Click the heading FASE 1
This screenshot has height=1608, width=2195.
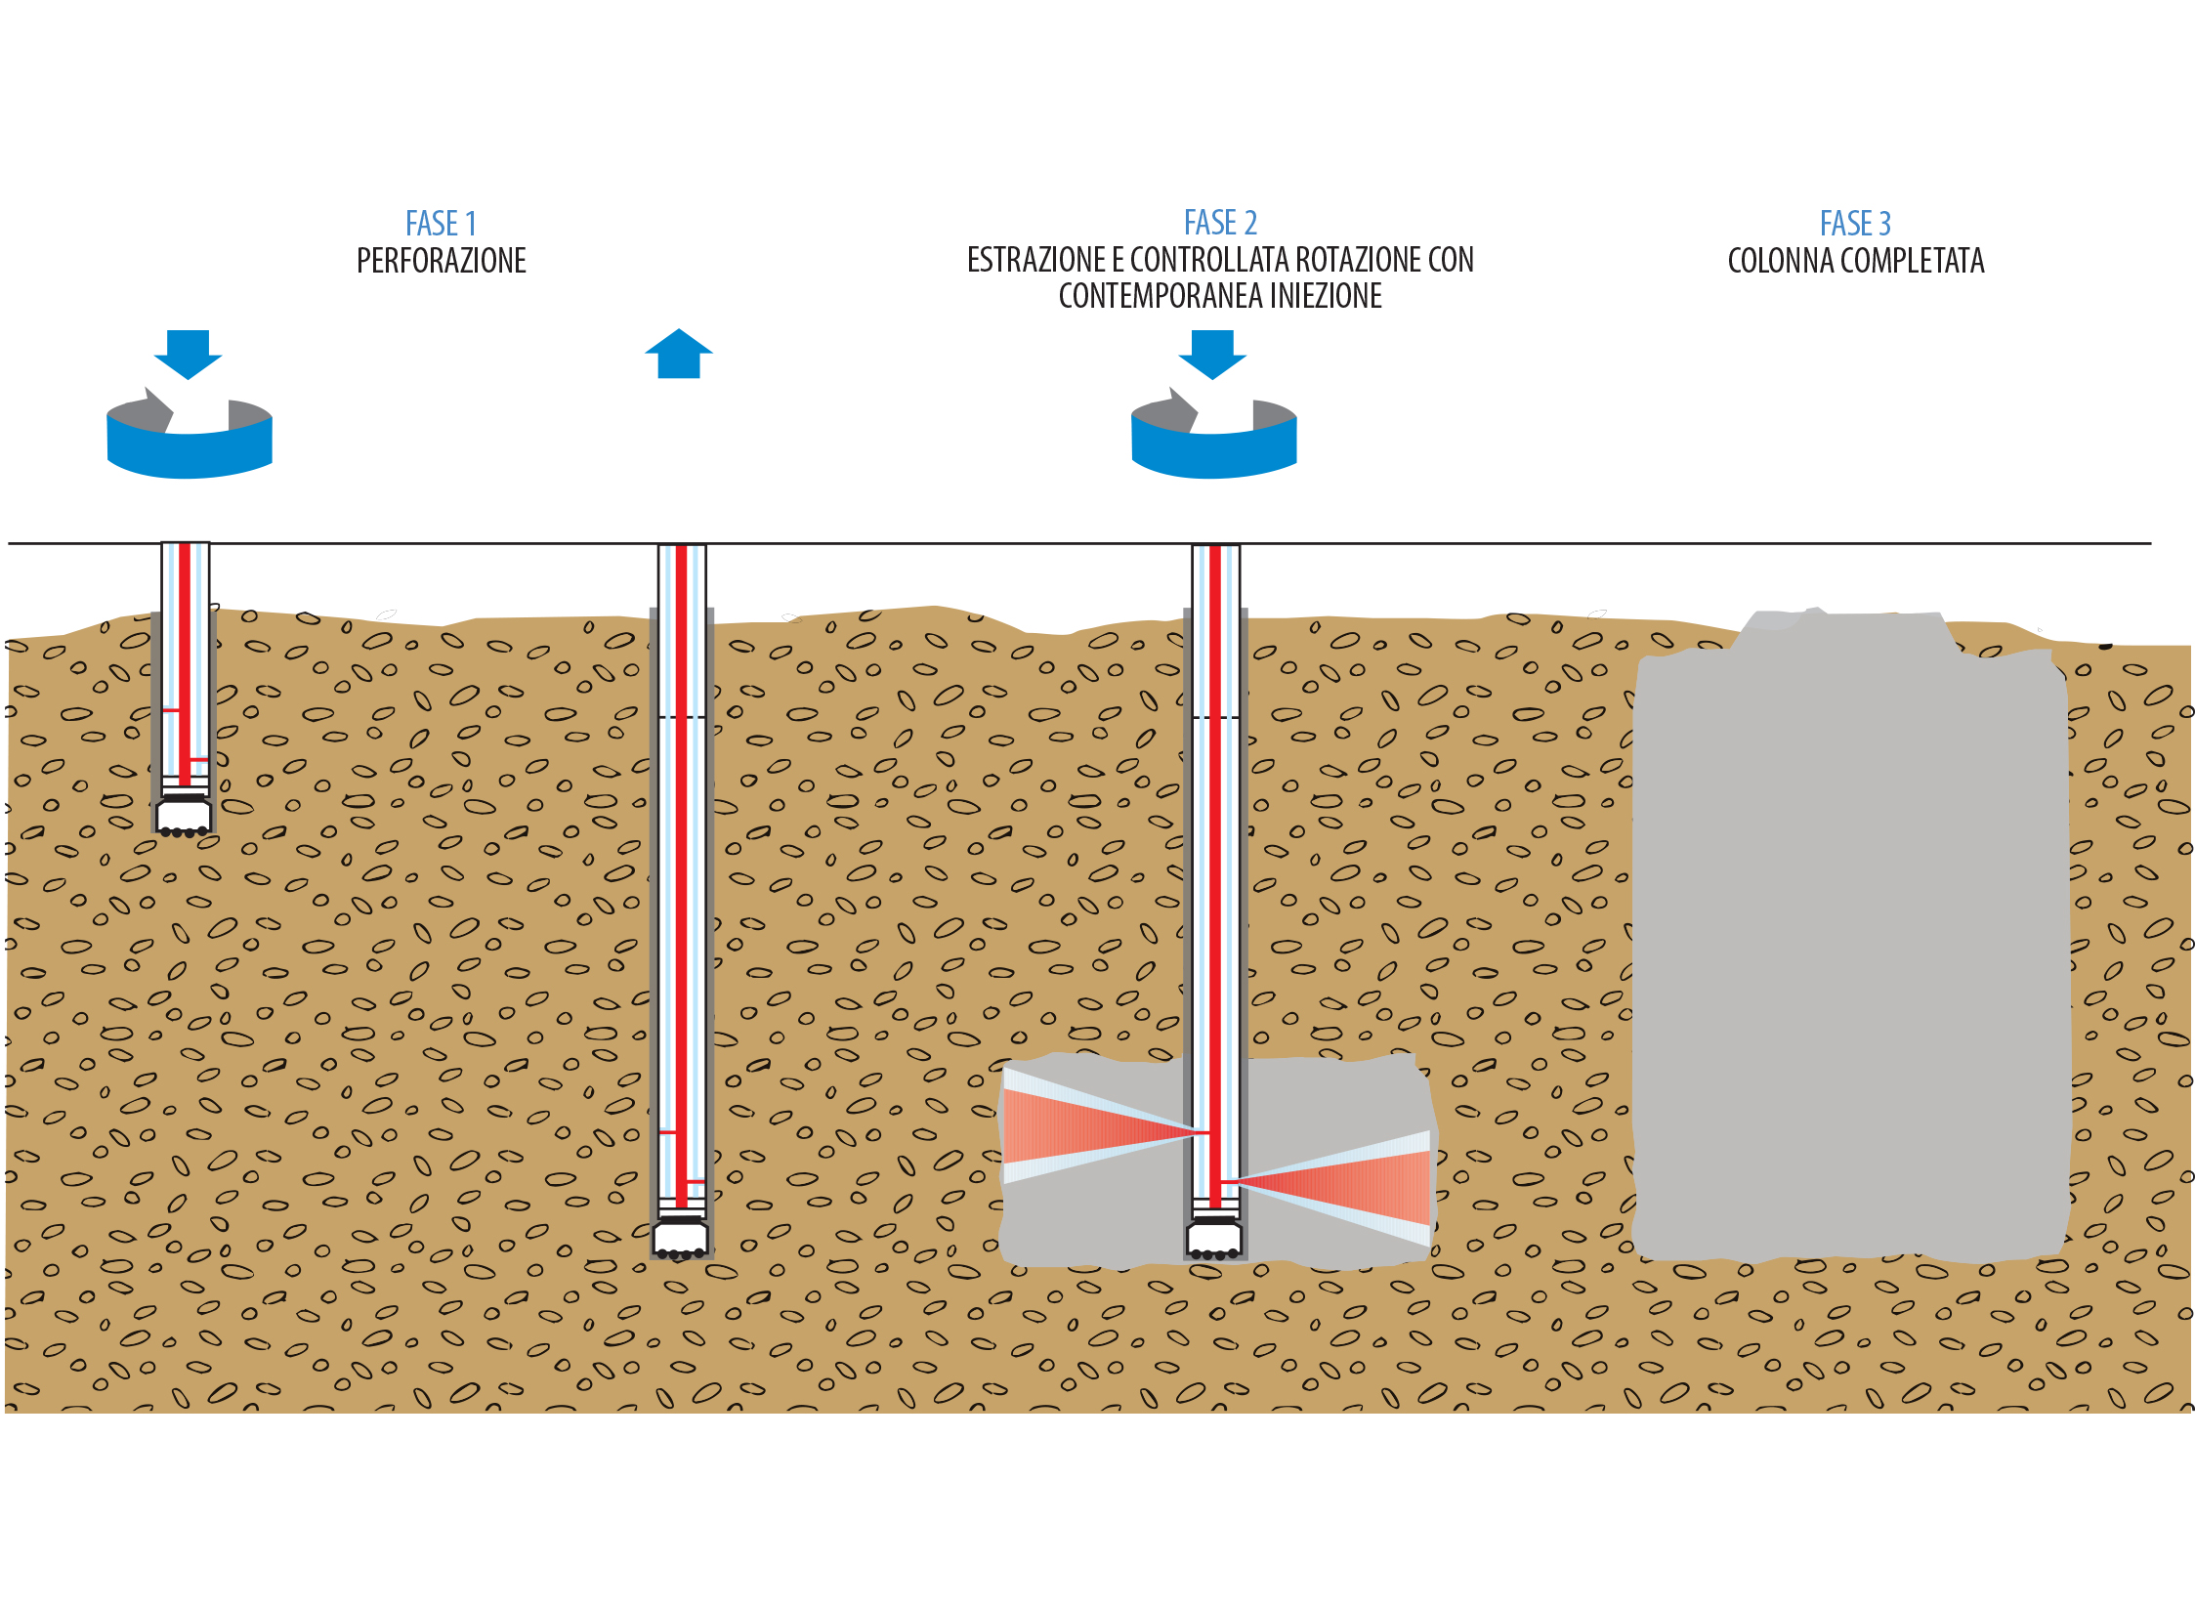coord(441,224)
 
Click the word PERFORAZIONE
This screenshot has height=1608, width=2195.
coord(442,261)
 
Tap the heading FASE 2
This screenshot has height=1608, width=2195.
coord(1220,223)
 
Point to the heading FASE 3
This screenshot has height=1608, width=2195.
coord(1855,224)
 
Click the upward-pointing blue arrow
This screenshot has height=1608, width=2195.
coord(679,354)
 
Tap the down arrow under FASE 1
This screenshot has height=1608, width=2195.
coord(189,355)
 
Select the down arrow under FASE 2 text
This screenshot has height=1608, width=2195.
coord(1212,355)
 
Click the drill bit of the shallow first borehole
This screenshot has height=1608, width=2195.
coord(184,816)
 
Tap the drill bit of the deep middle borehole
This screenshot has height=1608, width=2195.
coord(681,1238)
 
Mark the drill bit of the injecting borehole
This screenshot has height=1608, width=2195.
coord(1214,1238)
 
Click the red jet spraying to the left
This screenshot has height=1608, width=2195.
coord(1099,1125)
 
